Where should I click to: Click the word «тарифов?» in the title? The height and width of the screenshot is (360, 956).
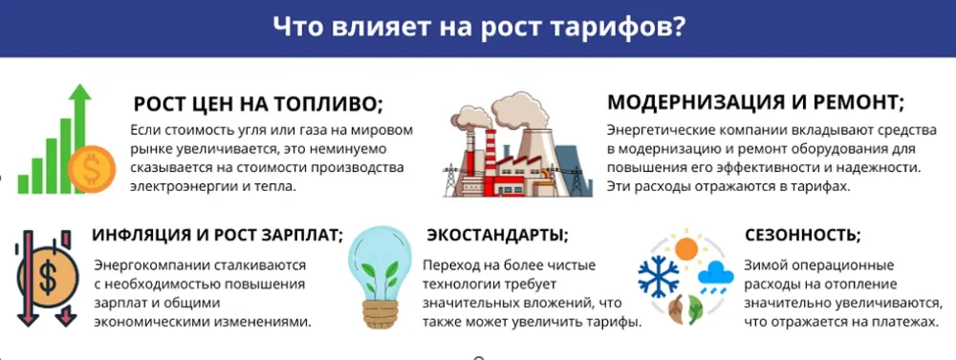tap(618, 26)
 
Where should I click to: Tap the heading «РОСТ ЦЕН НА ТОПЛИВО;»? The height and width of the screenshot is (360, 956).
tap(258, 104)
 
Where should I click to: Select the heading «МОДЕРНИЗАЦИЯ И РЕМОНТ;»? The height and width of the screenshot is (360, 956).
tap(755, 103)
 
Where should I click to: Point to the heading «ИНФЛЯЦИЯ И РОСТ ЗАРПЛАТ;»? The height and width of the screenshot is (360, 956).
tap(217, 235)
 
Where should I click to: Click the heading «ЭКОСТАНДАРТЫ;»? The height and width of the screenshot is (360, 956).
tap(498, 235)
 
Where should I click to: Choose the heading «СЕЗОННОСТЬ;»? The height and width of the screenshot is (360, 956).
tap(803, 235)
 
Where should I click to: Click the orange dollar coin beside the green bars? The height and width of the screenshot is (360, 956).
tap(92, 170)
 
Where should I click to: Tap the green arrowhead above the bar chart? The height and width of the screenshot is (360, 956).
tap(80, 92)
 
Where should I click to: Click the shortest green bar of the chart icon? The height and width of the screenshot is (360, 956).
tap(23, 184)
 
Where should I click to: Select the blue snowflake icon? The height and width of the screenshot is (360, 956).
tap(658, 276)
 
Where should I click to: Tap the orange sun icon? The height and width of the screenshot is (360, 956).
tap(686, 248)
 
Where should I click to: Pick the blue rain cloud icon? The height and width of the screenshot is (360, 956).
tap(715, 275)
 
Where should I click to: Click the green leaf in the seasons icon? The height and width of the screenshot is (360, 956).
tap(695, 309)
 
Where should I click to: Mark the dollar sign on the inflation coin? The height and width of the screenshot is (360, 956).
tap(48, 278)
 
